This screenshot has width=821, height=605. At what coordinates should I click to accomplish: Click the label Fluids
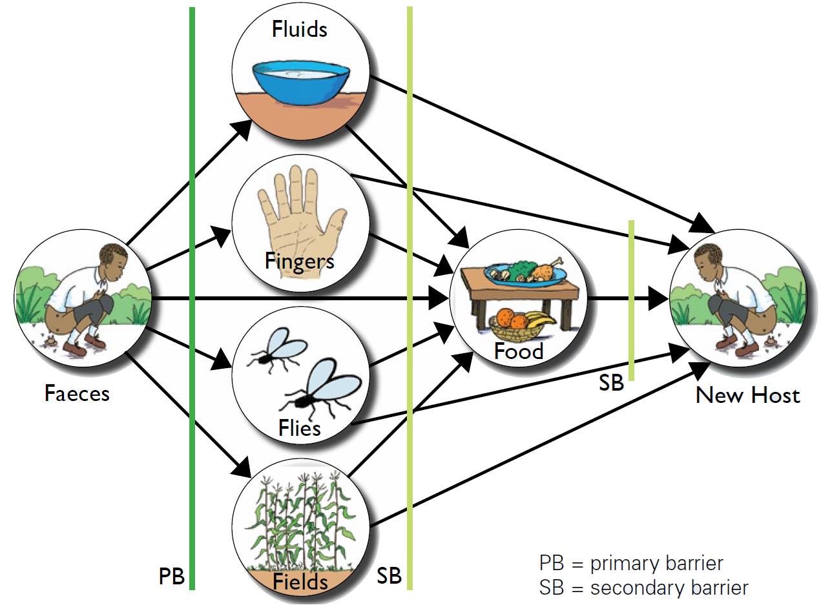tap(300, 29)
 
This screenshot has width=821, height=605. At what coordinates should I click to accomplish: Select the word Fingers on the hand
tap(300, 261)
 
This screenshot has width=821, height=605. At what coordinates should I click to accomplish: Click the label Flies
tap(300, 427)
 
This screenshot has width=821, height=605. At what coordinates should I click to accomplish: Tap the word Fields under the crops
tap(300, 582)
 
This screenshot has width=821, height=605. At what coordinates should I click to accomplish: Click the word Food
tap(518, 351)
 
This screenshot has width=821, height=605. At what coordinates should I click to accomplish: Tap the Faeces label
tap(77, 394)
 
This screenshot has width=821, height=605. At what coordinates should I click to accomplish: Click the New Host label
tap(748, 395)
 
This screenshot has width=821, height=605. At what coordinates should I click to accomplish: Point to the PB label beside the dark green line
tap(172, 576)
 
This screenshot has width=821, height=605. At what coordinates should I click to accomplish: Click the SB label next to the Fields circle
tap(390, 575)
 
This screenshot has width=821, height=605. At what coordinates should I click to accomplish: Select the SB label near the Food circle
tap(611, 382)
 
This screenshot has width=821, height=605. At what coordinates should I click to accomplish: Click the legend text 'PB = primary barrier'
tap(631, 563)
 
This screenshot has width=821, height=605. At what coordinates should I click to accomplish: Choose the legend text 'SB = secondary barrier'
tap(643, 588)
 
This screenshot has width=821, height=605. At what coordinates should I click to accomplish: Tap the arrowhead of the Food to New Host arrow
tap(658, 299)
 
